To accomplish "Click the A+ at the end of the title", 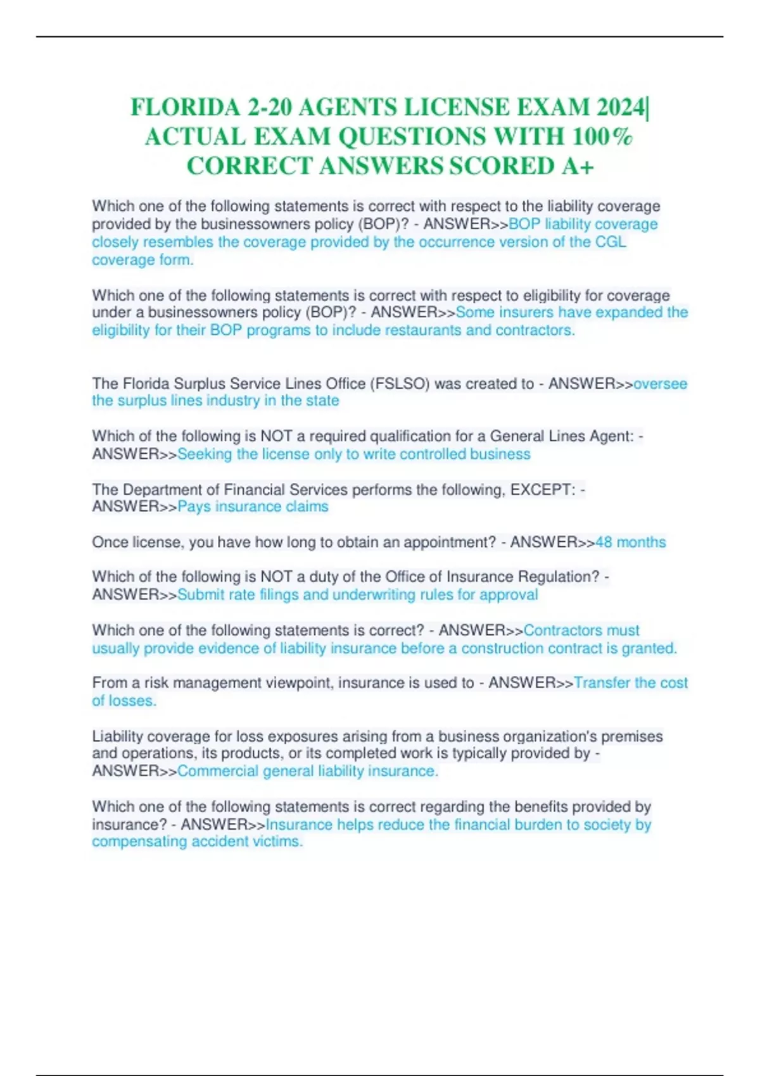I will (577, 166).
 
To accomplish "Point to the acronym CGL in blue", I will (611, 242).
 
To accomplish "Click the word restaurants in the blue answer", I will (423, 330).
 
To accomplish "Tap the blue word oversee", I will (660, 384).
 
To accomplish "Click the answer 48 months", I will (630, 542).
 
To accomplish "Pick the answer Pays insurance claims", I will (253, 506).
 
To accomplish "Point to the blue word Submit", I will (198, 594).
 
